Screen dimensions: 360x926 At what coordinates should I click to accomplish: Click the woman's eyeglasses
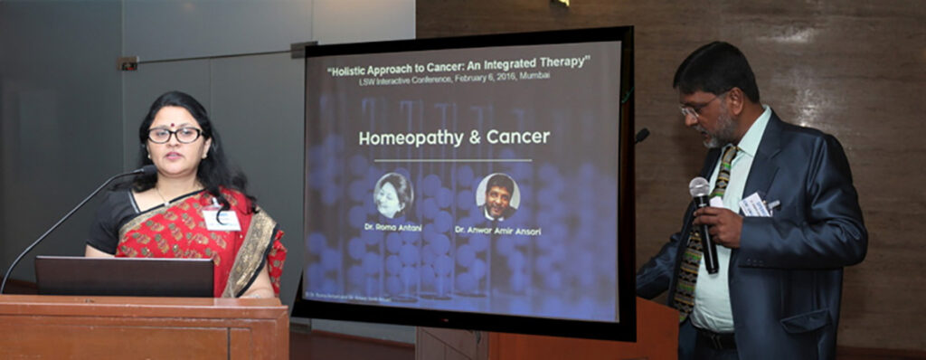175,135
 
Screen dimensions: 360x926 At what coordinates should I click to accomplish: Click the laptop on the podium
125,276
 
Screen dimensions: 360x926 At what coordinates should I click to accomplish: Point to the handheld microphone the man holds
704,223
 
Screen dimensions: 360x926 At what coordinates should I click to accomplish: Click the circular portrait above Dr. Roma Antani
393,194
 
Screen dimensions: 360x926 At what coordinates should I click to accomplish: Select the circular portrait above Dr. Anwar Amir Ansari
497,195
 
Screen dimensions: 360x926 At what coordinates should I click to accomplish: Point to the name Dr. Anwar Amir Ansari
498,232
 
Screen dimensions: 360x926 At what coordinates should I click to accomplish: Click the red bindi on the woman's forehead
175,118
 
